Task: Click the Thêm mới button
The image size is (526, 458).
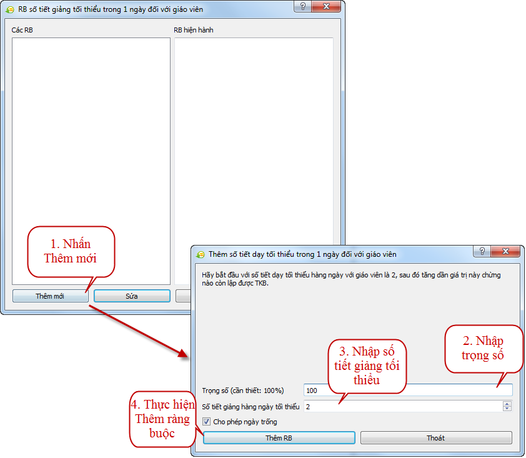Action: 51,296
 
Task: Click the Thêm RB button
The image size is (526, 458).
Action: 279,438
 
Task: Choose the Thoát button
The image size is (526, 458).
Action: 436,438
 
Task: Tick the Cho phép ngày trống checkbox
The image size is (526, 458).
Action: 206,421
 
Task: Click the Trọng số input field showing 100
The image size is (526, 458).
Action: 408,391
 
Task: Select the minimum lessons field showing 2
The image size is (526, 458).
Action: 402,407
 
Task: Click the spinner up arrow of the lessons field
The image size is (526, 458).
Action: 507,404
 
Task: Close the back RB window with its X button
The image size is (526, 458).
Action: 326,6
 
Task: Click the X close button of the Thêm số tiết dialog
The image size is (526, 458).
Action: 506,251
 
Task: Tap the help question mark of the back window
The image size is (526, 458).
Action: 302,6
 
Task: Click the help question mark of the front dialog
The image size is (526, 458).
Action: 482,251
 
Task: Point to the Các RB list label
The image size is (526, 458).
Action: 22,30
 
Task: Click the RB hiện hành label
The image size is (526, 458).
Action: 194,30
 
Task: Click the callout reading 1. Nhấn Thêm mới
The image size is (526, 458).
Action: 71,252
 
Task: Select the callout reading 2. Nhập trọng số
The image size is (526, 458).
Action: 484,349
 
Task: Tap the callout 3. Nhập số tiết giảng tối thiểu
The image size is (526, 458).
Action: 367,366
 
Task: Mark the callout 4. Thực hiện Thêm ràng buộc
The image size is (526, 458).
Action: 162,419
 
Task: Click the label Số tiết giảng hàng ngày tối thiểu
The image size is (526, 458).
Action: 251,407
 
